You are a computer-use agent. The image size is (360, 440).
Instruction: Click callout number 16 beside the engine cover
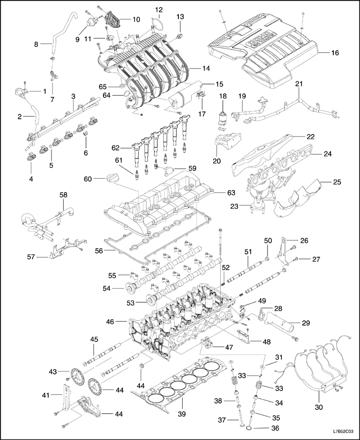(335, 52)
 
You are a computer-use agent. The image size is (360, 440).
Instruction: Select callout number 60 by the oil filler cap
(87, 179)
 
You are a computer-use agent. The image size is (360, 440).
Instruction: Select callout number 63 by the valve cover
(231, 192)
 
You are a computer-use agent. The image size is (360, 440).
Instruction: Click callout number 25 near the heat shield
(337, 182)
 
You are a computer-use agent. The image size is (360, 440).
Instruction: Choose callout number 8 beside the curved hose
(36, 44)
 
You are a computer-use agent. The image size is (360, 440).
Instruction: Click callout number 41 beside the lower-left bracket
(45, 395)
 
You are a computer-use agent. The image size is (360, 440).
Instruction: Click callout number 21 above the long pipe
(299, 83)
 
